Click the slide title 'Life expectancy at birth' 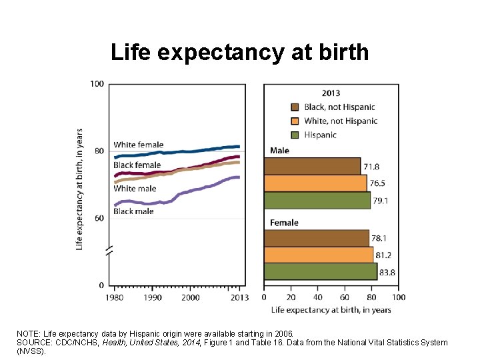click(240, 53)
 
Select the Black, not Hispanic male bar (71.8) click(312, 166)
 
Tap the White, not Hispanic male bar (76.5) click(315, 183)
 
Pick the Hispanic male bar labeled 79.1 click(317, 201)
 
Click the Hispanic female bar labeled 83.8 click(321, 271)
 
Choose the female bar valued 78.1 click(317, 238)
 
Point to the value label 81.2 click(383, 255)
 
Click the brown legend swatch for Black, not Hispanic click(295, 107)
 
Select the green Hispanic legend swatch click(295, 135)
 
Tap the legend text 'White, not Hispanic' click(341, 121)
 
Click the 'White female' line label click(139, 145)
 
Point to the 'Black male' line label click(133, 211)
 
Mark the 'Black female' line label click(137, 165)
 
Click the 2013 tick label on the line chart click(239, 297)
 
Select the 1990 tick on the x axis click(153, 297)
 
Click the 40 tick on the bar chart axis click(318, 297)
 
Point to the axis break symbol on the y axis click(109, 251)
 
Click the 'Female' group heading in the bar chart click(284, 223)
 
